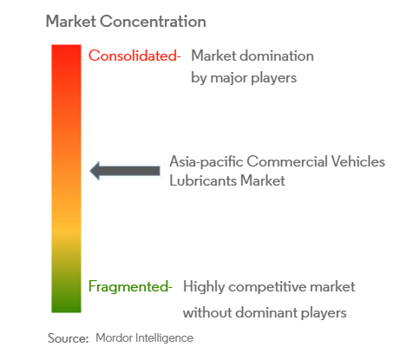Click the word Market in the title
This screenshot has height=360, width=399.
pos(71,22)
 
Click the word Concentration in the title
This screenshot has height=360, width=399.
pos(153,22)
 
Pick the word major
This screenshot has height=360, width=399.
pos(229,78)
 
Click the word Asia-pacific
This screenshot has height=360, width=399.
pos(206,161)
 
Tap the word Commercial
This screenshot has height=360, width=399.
pos(287,161)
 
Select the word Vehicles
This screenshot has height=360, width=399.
pos(358,161)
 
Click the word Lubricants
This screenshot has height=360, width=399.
pos(203,180)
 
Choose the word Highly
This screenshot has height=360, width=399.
pos(204,287)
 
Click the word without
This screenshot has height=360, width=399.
pos(207,312)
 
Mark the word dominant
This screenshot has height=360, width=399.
pos(266,312)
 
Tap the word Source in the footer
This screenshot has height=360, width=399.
pos(68,338)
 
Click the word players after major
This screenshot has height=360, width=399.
pos(273,78)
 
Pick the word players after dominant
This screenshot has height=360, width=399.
pos(324,313)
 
